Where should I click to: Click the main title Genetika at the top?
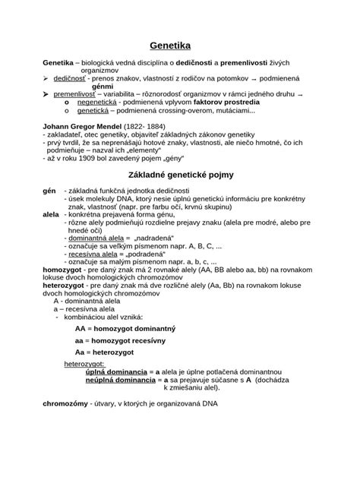(181, 44)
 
